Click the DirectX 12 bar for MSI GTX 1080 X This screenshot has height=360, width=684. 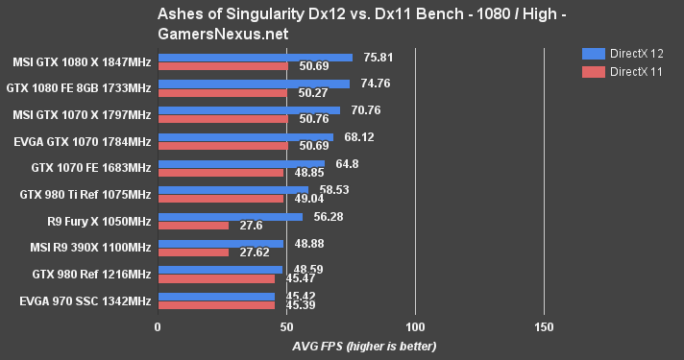pyautogui.click(x=255, y=57)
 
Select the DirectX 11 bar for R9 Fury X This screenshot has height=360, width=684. pyautogui.click(x=193, y=226)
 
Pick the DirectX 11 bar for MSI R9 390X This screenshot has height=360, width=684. pyautogui.click(x=193, y=252)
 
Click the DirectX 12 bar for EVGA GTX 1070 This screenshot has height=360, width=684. pyautogui.click(x=245, y=137)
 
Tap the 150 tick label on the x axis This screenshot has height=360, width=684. pyautogui.click(x=544, y=327)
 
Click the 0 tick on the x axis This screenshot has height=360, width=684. pyautogui.click(x=159, y=327)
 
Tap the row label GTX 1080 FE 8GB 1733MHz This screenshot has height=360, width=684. pyautogui.click(x=82, y=87)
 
